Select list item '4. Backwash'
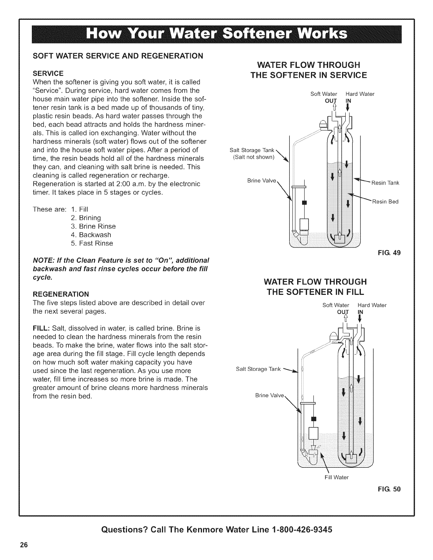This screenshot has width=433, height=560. [x=91, y=235]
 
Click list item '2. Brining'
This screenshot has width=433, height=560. [x=86, y=218]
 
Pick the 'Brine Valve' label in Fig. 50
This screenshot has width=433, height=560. [x=270, y=395]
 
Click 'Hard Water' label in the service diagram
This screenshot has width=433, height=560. [x=360, y=94]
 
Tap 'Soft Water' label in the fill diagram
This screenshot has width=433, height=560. [x=336, y=305]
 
